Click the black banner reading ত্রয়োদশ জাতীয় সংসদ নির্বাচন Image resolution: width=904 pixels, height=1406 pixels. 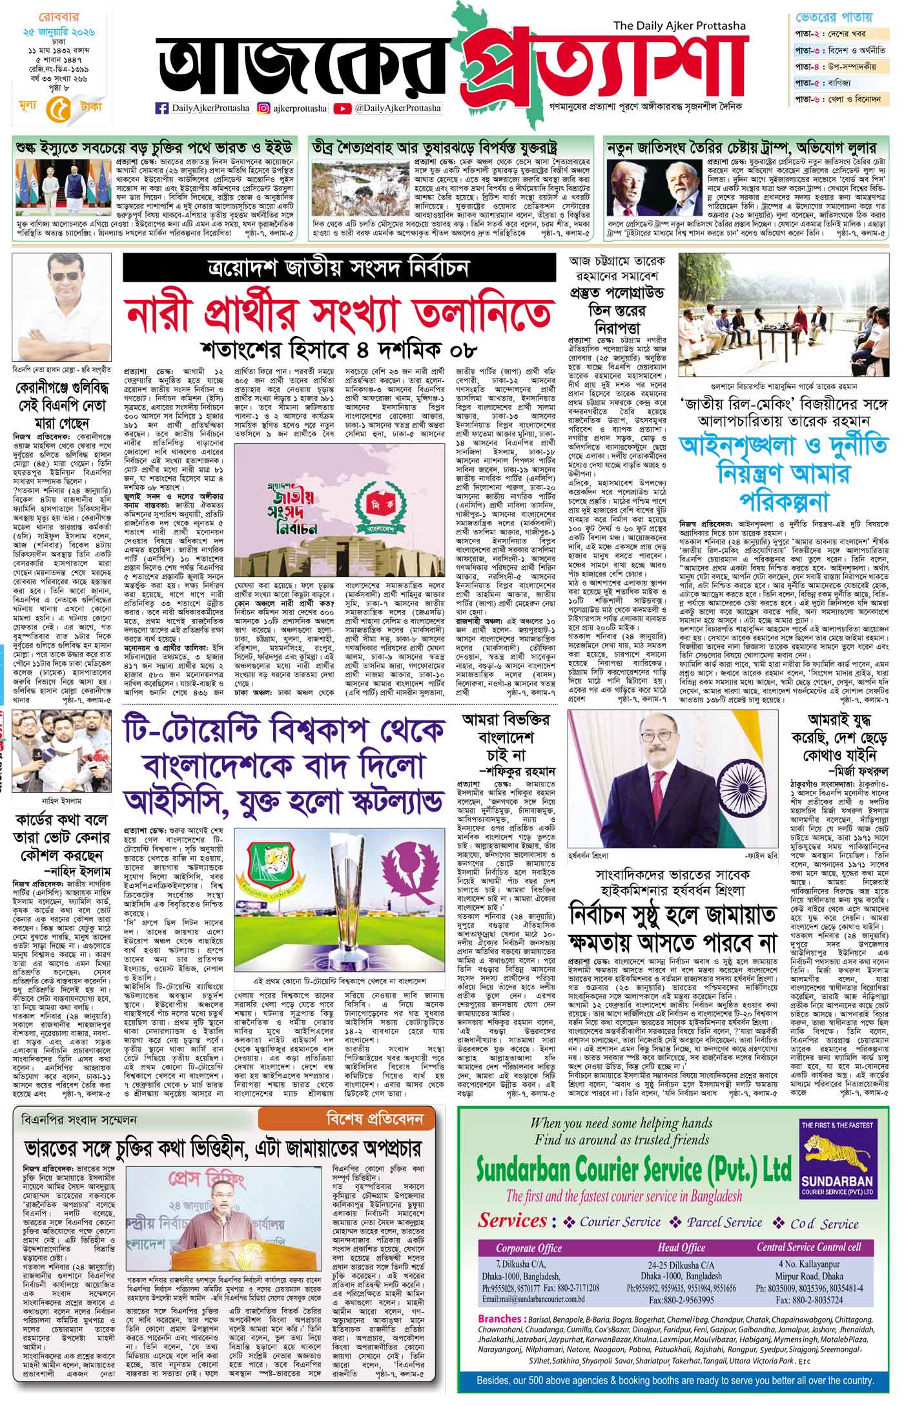(339, 268)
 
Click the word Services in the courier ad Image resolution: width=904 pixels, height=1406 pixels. (512, 1221)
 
